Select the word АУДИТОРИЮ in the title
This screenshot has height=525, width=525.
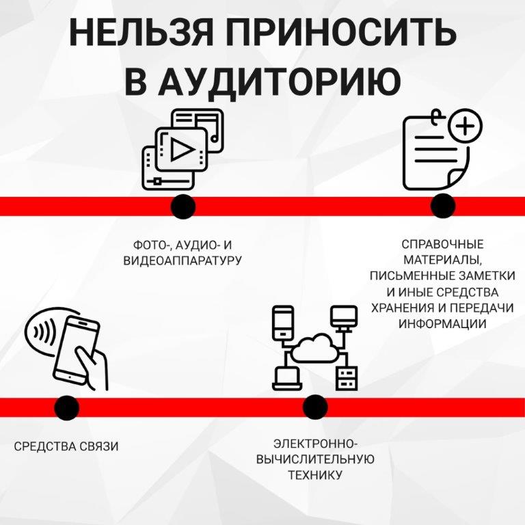pos(278,81)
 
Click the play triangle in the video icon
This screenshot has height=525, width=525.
pos(180,149)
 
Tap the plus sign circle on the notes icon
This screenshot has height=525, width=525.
pos(466,126)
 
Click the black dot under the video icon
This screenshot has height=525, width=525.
pos(183,206)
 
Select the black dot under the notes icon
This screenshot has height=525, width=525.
pos(443,206)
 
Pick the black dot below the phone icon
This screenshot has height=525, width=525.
pos(66,407)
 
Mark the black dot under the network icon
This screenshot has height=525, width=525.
pos(315,407)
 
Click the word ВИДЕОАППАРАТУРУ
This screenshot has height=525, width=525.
pos(183,260)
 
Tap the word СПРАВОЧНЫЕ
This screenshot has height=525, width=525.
pos(442,244)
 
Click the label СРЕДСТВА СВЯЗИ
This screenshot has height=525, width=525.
pos(66,446)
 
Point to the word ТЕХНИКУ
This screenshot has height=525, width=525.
pos(315,474)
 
